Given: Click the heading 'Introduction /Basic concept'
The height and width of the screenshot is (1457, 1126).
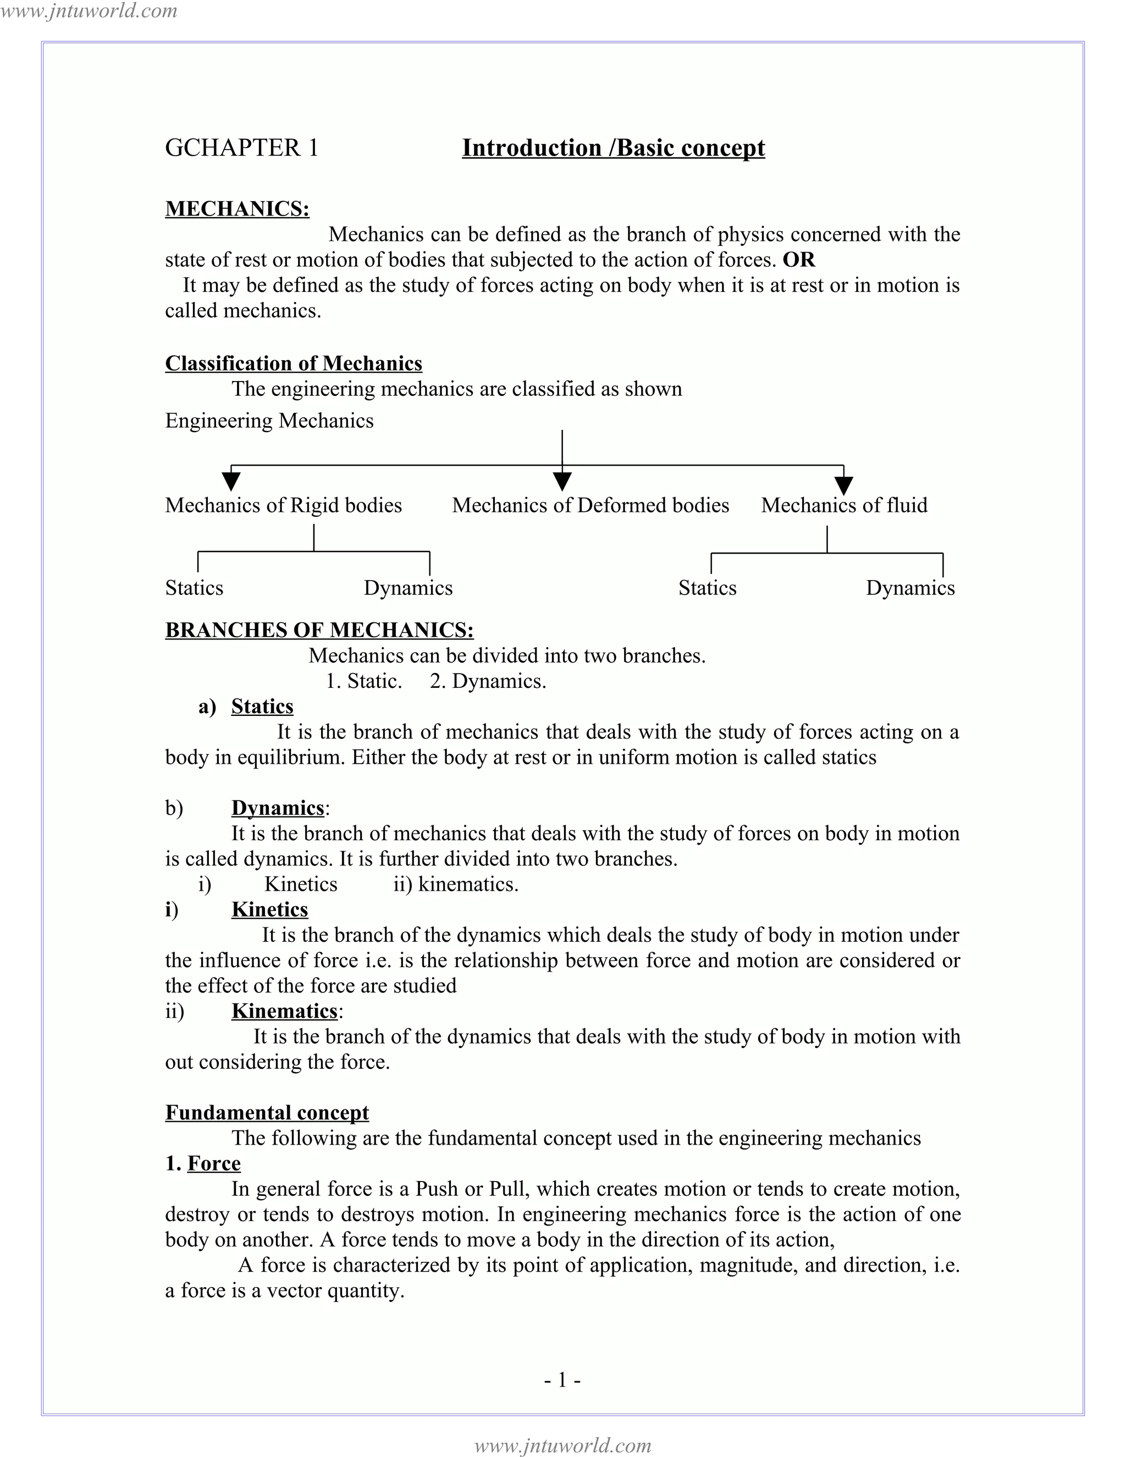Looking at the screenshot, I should click(613, 148).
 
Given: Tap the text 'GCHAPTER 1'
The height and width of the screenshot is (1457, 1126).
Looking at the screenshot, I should click(241, 148).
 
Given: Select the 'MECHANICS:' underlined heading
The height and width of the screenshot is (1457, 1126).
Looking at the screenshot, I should click(237, 209).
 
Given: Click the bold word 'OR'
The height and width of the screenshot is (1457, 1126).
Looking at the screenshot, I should click(798, 260).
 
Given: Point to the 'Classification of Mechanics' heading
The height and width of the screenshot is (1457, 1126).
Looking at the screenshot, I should click(294, 363).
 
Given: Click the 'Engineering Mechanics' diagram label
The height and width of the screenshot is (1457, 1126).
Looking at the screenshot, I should click(269, 421).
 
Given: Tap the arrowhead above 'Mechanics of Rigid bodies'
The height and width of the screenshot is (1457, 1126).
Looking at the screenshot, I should click(231, 481).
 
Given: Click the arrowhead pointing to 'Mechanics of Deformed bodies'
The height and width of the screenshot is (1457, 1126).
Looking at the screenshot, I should click(562, 481).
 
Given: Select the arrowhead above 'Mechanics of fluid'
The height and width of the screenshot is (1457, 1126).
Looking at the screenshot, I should click(844, 484).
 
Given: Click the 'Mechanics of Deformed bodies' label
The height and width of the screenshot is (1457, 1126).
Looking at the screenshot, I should click(590, 505).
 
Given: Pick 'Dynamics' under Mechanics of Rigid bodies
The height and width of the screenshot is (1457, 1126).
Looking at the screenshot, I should click(407, 588).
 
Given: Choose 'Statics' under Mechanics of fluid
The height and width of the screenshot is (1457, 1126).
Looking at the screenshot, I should click(707, 588).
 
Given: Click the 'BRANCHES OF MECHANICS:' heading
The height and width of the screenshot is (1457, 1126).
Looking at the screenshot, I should click(319, 631).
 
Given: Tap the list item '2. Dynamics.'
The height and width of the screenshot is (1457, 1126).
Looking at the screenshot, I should click(488, 681).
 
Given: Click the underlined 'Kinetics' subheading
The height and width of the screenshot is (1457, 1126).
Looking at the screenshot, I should click(269, 909).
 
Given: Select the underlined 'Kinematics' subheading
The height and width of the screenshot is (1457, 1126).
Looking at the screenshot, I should click(284, 1011).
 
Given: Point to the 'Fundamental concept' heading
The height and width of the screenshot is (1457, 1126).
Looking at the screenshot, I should click(267, 1112).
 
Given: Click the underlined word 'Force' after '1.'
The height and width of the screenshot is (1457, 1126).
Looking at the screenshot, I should click(213, 1163).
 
